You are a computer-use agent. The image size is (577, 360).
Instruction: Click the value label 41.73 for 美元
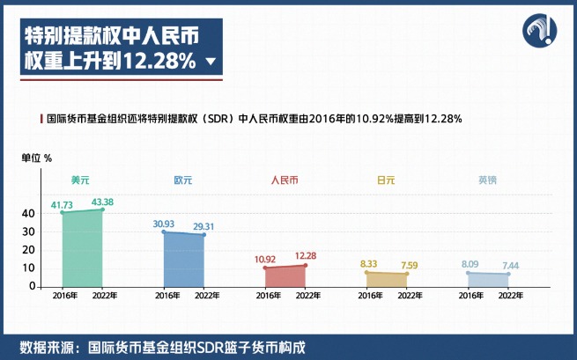coord(61,205)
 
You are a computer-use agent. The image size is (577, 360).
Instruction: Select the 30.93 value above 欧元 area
coord(163,224)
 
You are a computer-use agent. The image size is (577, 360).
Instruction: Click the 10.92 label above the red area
coord(267,260)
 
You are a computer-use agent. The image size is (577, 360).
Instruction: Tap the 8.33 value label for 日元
coord(369,263)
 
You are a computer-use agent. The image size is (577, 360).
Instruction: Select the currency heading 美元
coord(80,180)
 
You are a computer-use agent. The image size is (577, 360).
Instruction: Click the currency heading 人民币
coord(285,180)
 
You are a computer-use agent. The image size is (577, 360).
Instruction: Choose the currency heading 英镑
coord(487,180)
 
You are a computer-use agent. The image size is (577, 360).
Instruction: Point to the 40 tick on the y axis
coord(28,213)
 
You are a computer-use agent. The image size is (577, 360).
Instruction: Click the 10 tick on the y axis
coord(29,268)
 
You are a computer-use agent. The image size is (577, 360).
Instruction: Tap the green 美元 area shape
coord(82,251)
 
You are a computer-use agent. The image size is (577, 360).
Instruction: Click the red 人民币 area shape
coord(285,276)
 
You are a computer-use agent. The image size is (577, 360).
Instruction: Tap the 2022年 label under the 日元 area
coord(410,295)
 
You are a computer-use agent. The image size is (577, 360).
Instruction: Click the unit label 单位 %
coord(37,158)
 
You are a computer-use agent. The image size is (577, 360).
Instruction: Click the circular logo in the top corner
coord(538,32)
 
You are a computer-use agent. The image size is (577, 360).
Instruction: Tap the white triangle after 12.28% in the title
coord(210,62)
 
